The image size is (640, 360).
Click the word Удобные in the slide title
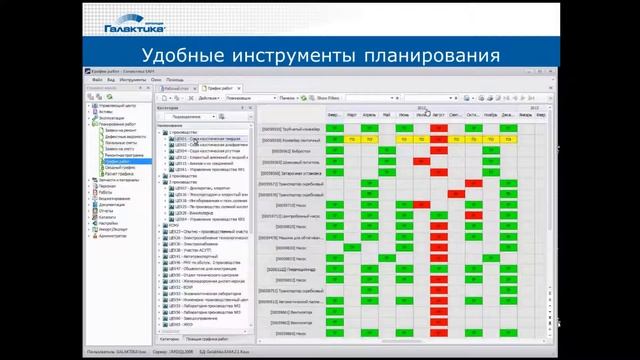coord(191,54)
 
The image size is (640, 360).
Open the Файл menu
coord(97,79)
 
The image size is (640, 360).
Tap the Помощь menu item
coord(175,79)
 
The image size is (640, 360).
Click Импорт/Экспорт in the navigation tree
coord(113,229)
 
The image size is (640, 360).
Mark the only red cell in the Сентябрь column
coord(455,194)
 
